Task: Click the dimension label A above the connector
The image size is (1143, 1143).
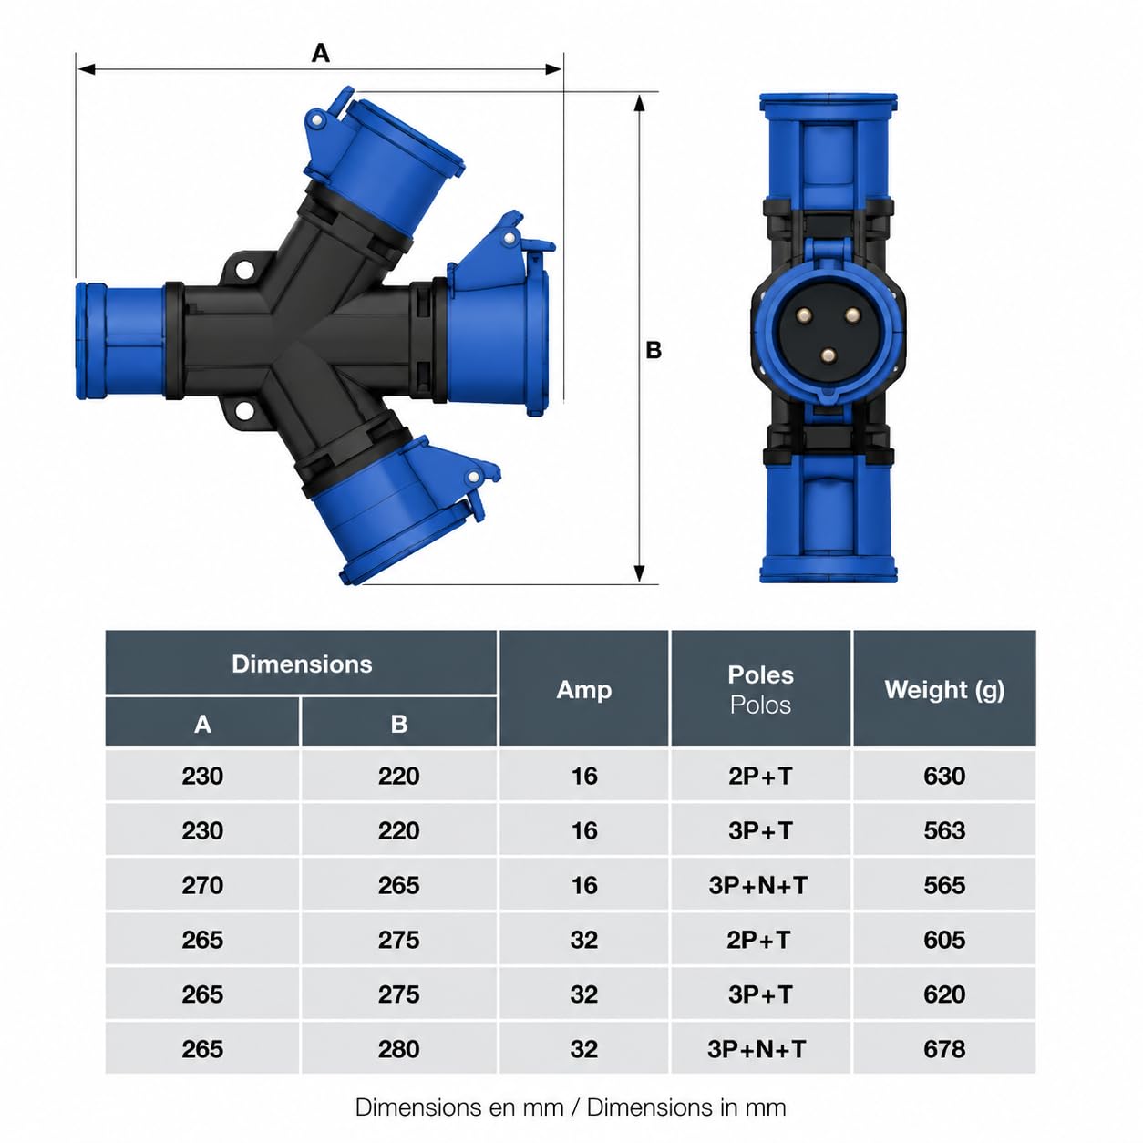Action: (320, 54)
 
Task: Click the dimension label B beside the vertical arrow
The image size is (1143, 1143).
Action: (653, 350)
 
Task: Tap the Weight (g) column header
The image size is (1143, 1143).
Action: (943, 689)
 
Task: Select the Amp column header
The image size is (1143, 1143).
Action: (583, 689)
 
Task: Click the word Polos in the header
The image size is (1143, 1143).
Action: (760, 705)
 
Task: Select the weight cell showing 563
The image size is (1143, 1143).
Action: (943, 830)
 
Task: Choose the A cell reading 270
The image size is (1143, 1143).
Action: (202, 885)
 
